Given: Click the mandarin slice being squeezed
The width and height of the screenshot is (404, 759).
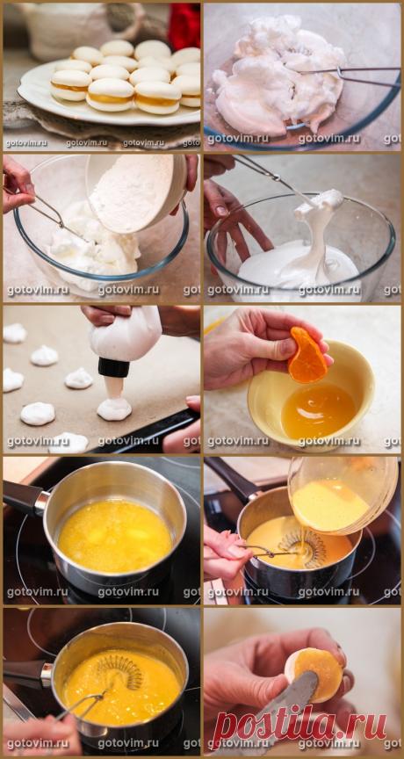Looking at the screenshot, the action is (307, 355).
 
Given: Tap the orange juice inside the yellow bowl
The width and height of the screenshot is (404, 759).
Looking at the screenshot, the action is (318, 409).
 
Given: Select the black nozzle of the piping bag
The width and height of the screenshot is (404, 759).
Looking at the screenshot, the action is (114, 367).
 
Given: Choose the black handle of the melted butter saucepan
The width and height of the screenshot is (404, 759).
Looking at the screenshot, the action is (25, 496).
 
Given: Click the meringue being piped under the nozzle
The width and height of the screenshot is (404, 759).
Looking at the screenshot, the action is (114, 407).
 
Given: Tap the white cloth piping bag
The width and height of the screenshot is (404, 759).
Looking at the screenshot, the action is (125, 334).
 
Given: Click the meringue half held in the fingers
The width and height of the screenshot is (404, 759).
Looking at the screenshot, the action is (314, 675).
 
